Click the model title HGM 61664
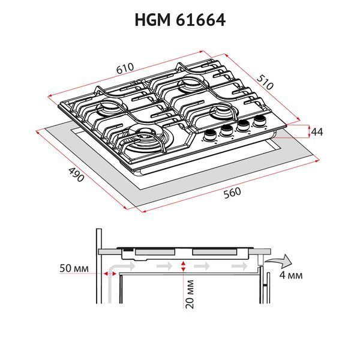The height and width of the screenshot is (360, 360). click(x=180, y=20)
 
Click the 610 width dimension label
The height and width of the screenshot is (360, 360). click(x=125, y=68)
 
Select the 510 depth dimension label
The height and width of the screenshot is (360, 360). click(x=265, y=82)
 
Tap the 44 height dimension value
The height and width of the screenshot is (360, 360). click(x=317, y=132)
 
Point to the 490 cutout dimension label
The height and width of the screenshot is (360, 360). click(x=76, y=175)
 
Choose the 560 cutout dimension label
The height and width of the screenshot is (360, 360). click(x=232, y=193)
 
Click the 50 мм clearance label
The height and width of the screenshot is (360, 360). click(x=74, y=268)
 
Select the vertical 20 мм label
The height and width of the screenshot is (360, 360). click(x=190, y=294)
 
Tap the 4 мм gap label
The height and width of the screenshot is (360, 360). click(x=291, y=275)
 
